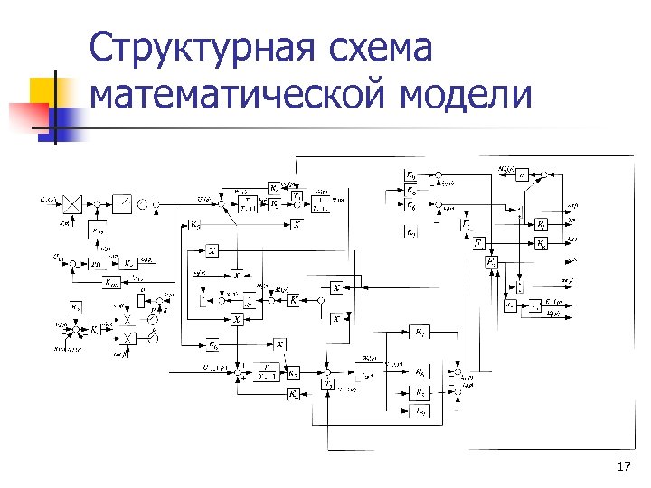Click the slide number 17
(622, 466)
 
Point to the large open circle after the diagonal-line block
(143, 203)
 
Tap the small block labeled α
(521, 174)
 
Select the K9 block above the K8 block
(410, 174)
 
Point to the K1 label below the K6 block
(411, 231)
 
